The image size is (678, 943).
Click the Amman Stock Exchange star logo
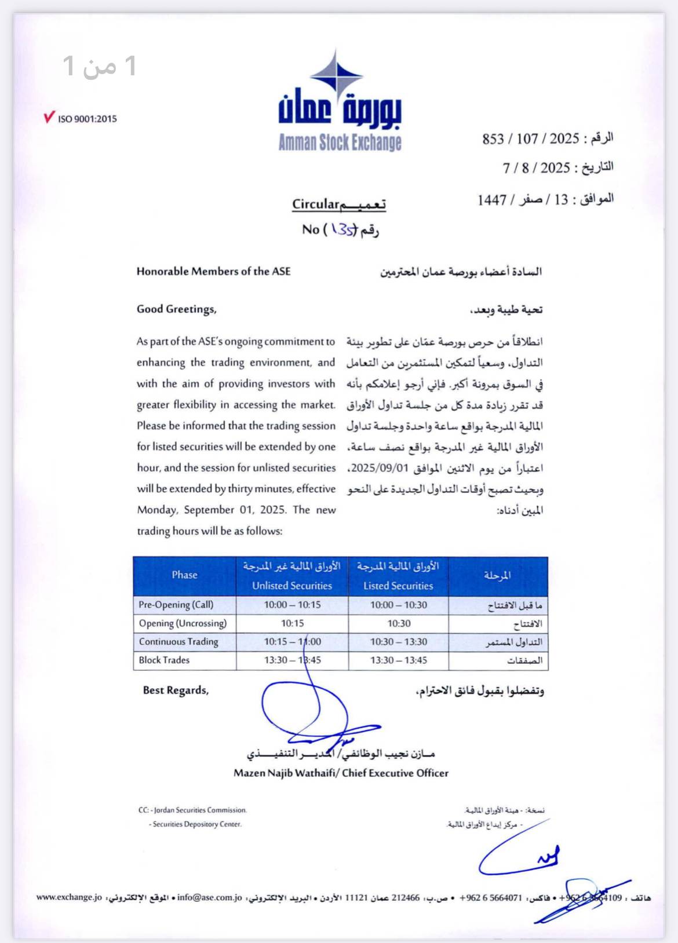tap(337, 76)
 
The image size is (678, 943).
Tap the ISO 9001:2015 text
tap(87, 119)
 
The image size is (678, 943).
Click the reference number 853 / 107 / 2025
tap(531, 139)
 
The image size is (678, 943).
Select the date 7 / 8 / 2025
tap(537, 168)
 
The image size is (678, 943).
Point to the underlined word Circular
tap(315, 204)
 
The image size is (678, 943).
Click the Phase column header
tap(184, 575)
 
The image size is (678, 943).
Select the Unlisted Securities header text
tap(292, 586)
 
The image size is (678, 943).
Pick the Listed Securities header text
tap(398, 586)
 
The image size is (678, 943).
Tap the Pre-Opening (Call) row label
tap(176, 605)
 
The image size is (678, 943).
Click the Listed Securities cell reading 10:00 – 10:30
tap(399, 605)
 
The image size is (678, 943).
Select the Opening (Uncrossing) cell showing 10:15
tap(292, 623)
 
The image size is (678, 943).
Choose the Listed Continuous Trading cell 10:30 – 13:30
tap(399, 642)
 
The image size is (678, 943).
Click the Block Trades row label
tap(164, 660)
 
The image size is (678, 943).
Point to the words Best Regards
tap(176, 690)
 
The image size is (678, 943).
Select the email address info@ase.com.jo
tap(210, 898)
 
